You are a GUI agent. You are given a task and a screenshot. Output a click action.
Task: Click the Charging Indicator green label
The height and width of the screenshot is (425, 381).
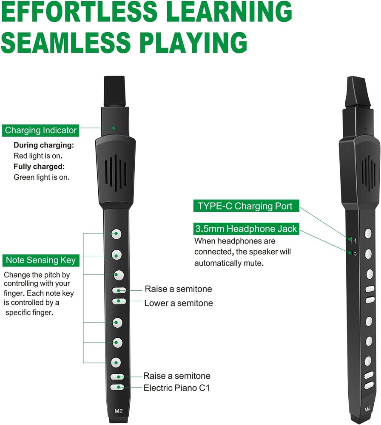pyautogui.click(x=41, y=130)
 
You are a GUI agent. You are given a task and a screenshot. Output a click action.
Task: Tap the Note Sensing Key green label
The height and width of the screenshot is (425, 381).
pyautogui.click(x=41, y=260)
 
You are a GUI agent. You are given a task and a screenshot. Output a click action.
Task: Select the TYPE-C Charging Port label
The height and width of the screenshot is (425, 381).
pyautogui.click(x=246, y=207)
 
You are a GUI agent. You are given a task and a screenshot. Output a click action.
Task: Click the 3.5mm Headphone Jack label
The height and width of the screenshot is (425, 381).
pyautogui.click(x=246, y=229)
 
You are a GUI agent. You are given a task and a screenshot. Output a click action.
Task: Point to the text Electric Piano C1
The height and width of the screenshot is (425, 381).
pyautogui.click(x=176, y=388)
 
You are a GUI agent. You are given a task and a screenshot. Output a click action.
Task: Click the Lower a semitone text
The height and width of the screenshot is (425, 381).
pyautogui.click(x=179, y=303)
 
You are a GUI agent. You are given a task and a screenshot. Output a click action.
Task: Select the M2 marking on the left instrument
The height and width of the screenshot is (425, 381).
pyautogui.click(x=117, y=411)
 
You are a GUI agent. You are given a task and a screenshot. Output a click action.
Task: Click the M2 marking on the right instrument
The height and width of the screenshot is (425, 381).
pyautogui.click(x=367, y=410)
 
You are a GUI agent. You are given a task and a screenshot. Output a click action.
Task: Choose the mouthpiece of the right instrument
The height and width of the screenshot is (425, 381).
pyautogui.click(x=355, y=91)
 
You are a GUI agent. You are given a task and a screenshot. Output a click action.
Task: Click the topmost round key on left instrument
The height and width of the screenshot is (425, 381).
pyautogui.click(x=117, y=234)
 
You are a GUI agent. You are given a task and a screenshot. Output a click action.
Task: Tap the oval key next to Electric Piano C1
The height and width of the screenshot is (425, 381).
pyautogui.click(x=117, y=387)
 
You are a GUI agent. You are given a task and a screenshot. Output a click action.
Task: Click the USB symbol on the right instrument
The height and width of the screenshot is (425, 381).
pyautogui.click(x=355, y=241)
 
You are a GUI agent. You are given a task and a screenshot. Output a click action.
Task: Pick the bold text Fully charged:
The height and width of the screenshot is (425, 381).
pyautogui.click(x=39, y=166)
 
